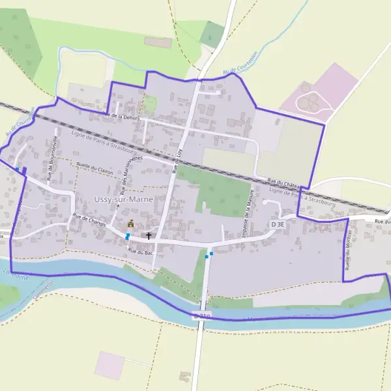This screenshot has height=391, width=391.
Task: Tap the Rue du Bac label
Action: click(x=139, y=250)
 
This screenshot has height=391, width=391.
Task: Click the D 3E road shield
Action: click(x=278, y=224)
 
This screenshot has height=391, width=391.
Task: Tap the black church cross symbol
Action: click(x=149, y=235)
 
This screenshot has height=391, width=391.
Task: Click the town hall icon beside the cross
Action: click(x=130, y=224)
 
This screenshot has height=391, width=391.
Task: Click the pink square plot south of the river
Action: click(x=109, y=365)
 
